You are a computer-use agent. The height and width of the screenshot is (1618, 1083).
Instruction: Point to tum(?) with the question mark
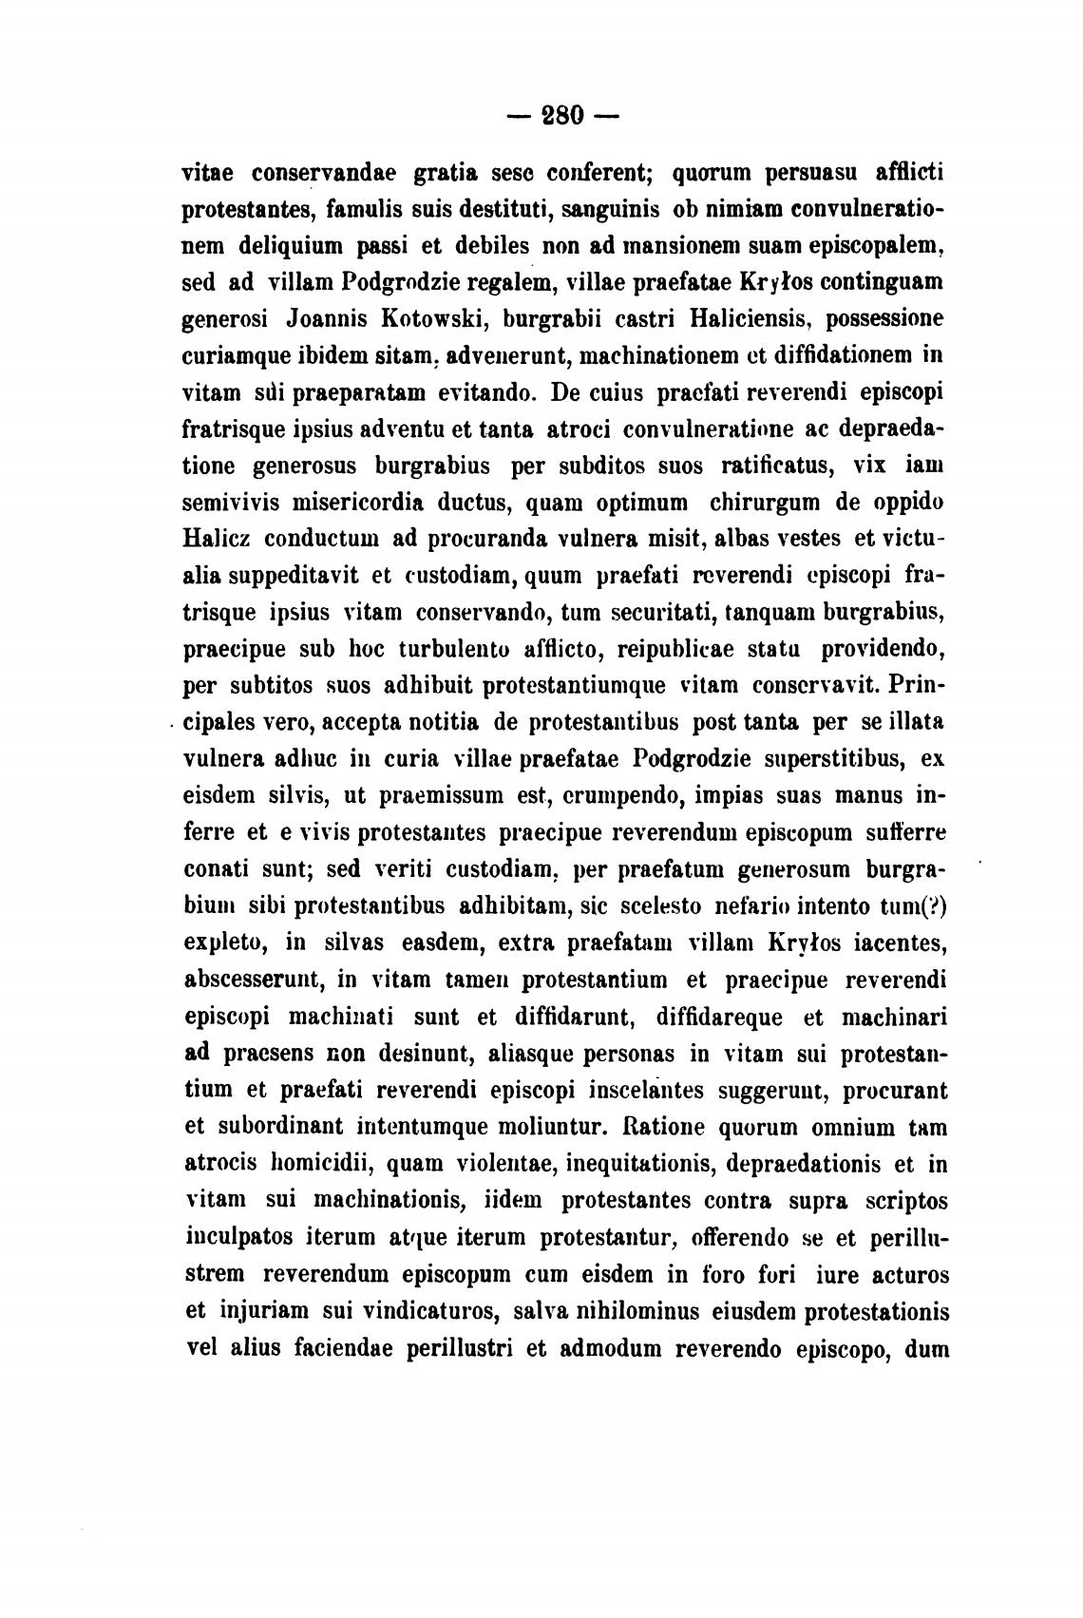pyautogui.click(x=914, y=906)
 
